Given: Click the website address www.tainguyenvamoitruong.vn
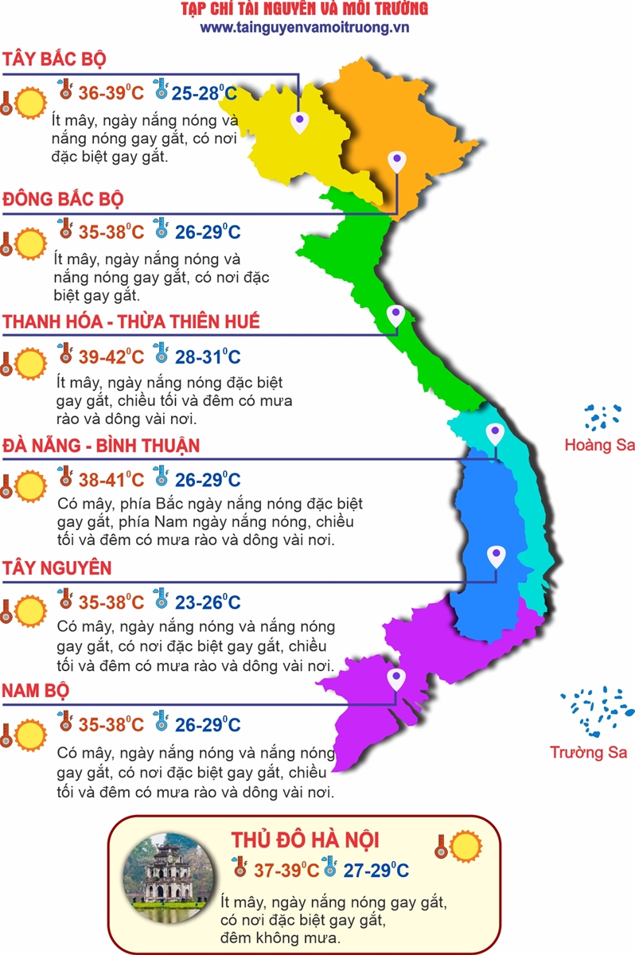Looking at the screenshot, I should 305,27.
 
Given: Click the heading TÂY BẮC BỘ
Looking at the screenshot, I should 54,60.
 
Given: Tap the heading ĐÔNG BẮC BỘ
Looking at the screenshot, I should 63,199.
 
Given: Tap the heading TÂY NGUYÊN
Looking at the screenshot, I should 56,568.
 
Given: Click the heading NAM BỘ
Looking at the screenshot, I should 35,691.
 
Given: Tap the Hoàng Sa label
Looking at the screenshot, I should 599,445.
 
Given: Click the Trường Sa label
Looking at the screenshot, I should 589,752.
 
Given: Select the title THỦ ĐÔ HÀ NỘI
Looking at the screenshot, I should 305,840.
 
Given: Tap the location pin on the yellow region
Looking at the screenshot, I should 299,123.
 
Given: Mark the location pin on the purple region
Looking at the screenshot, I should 395,679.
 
